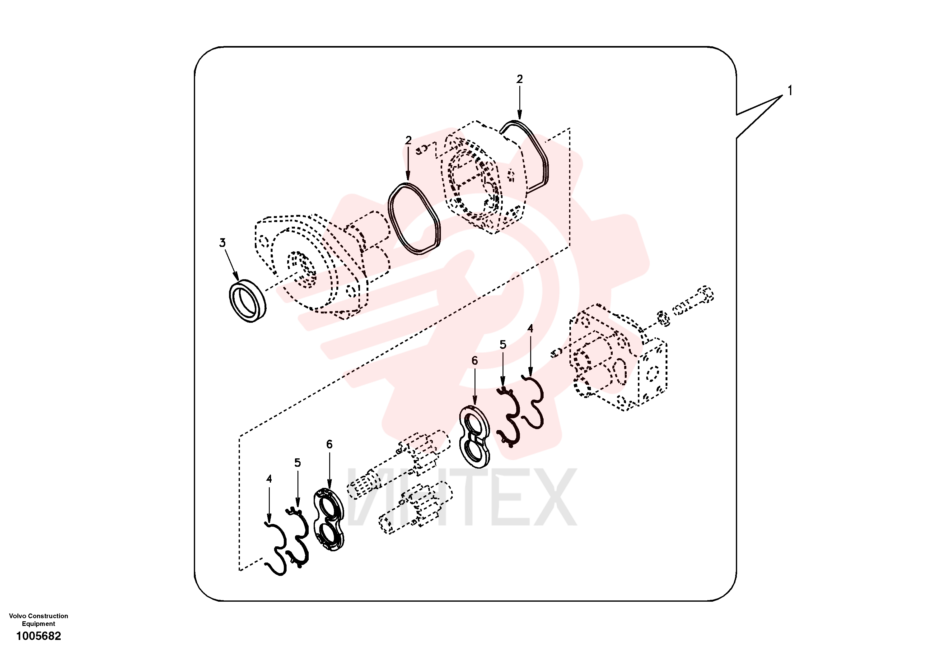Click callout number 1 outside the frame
pyautogui.click(x=790, y=91)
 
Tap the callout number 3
pyautogui.click(x=222, y=243)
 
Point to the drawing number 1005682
pyautogui.click(x=39, y=636)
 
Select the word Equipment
pyautogui.click(x=38, y=623)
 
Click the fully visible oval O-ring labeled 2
pyautogui.click(x=414, y=219)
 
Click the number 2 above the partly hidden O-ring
pyautogui.click(x=519, y=79)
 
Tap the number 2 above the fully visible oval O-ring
pyautogui.click(x=408, y=140)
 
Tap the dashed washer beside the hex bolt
pyautogui.click(x=663, y=318)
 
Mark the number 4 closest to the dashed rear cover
pyautogui.click(x=530, y=328)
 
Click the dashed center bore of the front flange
pyautogui.click(x=301, y=270)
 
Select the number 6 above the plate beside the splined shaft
pyautogui.click(x=329, y=444)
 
